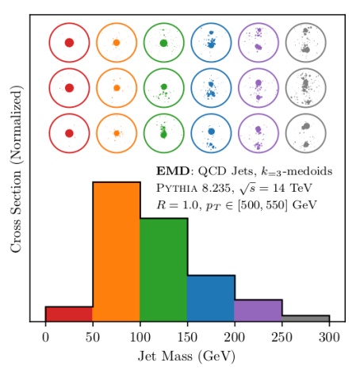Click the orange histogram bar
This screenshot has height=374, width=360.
tap(117, 251)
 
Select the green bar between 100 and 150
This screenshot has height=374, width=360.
tap(163, 269)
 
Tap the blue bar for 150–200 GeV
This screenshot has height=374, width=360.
tap(211, 298)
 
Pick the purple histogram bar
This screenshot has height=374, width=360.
tap(259, 311)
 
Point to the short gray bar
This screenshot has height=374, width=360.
tap(305, 319)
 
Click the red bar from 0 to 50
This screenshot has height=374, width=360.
tap(69, 314)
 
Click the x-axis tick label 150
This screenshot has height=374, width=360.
tap(187, 338)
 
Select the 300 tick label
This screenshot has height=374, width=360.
tap(329, 338)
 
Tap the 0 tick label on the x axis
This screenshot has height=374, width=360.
tap(45, 338)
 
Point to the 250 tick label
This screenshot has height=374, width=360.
tap(282, 338)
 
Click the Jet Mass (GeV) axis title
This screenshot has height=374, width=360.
tap(186, 357)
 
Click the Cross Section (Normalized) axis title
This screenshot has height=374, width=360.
tap(16, 169)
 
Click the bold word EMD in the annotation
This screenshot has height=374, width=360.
tap(173, 171)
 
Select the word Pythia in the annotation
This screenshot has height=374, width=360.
tap(177, 188)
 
